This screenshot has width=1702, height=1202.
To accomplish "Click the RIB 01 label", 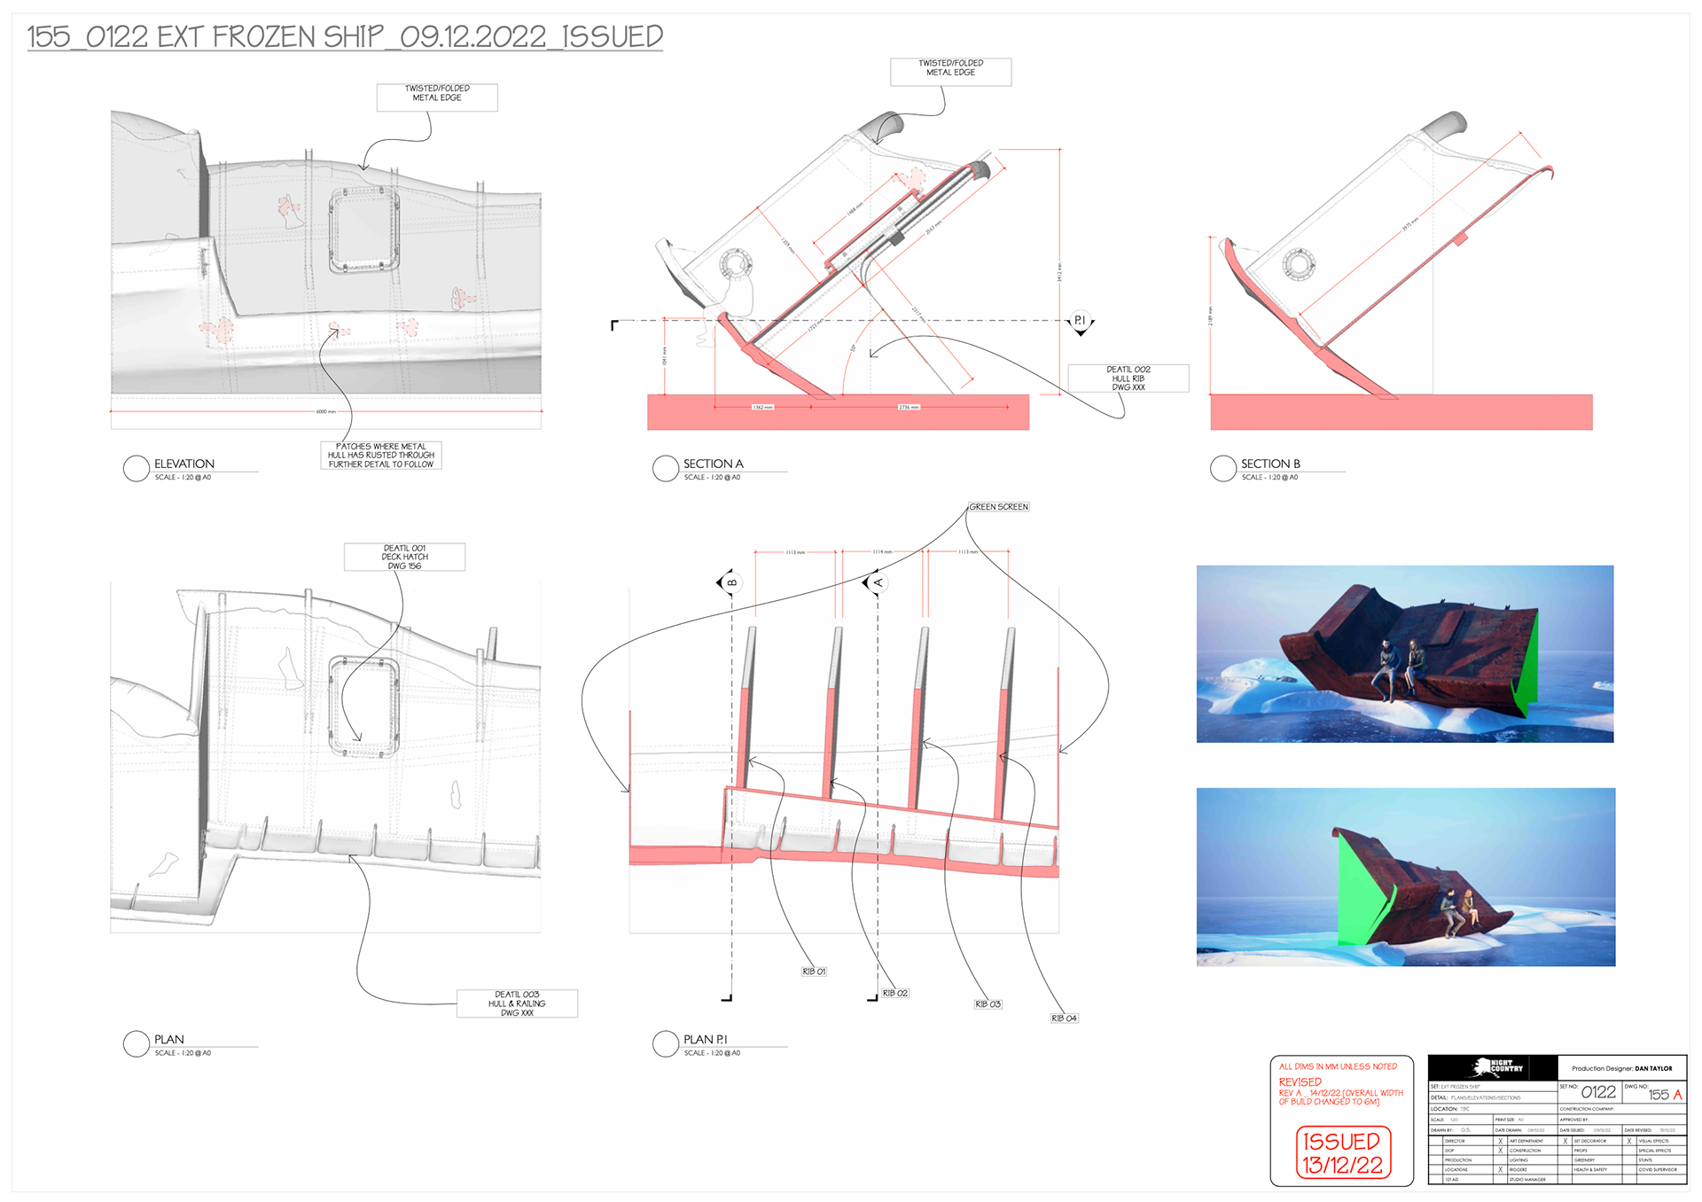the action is click(814, 972).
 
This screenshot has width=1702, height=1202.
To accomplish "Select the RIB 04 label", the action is click(1064, 1019).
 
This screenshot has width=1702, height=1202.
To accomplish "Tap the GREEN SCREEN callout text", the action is click(998, 507).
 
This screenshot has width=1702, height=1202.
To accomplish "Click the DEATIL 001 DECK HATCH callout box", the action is click(404, 557).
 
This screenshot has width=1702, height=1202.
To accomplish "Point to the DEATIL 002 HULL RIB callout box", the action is click(1128, 379).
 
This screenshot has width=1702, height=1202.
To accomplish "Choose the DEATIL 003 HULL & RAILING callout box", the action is click(517, 1003).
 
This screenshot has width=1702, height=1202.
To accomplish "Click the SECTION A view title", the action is click(713, 464).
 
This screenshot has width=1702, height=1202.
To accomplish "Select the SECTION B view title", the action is click(1269, 464).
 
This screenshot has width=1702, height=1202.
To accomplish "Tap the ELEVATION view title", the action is click(184, 464).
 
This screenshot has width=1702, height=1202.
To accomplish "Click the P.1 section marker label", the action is click(1080, 320).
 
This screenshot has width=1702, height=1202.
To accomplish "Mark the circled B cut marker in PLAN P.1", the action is click(731, 582).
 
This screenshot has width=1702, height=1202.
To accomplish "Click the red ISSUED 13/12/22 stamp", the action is click(1342, 1152).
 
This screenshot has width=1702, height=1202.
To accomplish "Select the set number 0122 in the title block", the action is click(1597, 1092).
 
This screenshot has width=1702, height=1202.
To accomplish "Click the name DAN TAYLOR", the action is click(1653, 1068).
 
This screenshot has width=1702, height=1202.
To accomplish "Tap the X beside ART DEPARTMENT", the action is click(1501, 1141).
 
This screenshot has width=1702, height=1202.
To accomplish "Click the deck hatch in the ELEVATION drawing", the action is click(363, 230).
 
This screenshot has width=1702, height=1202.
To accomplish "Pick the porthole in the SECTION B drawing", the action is click(1299, 263).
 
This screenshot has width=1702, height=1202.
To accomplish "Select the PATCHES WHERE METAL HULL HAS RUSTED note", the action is click(380, 455).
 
